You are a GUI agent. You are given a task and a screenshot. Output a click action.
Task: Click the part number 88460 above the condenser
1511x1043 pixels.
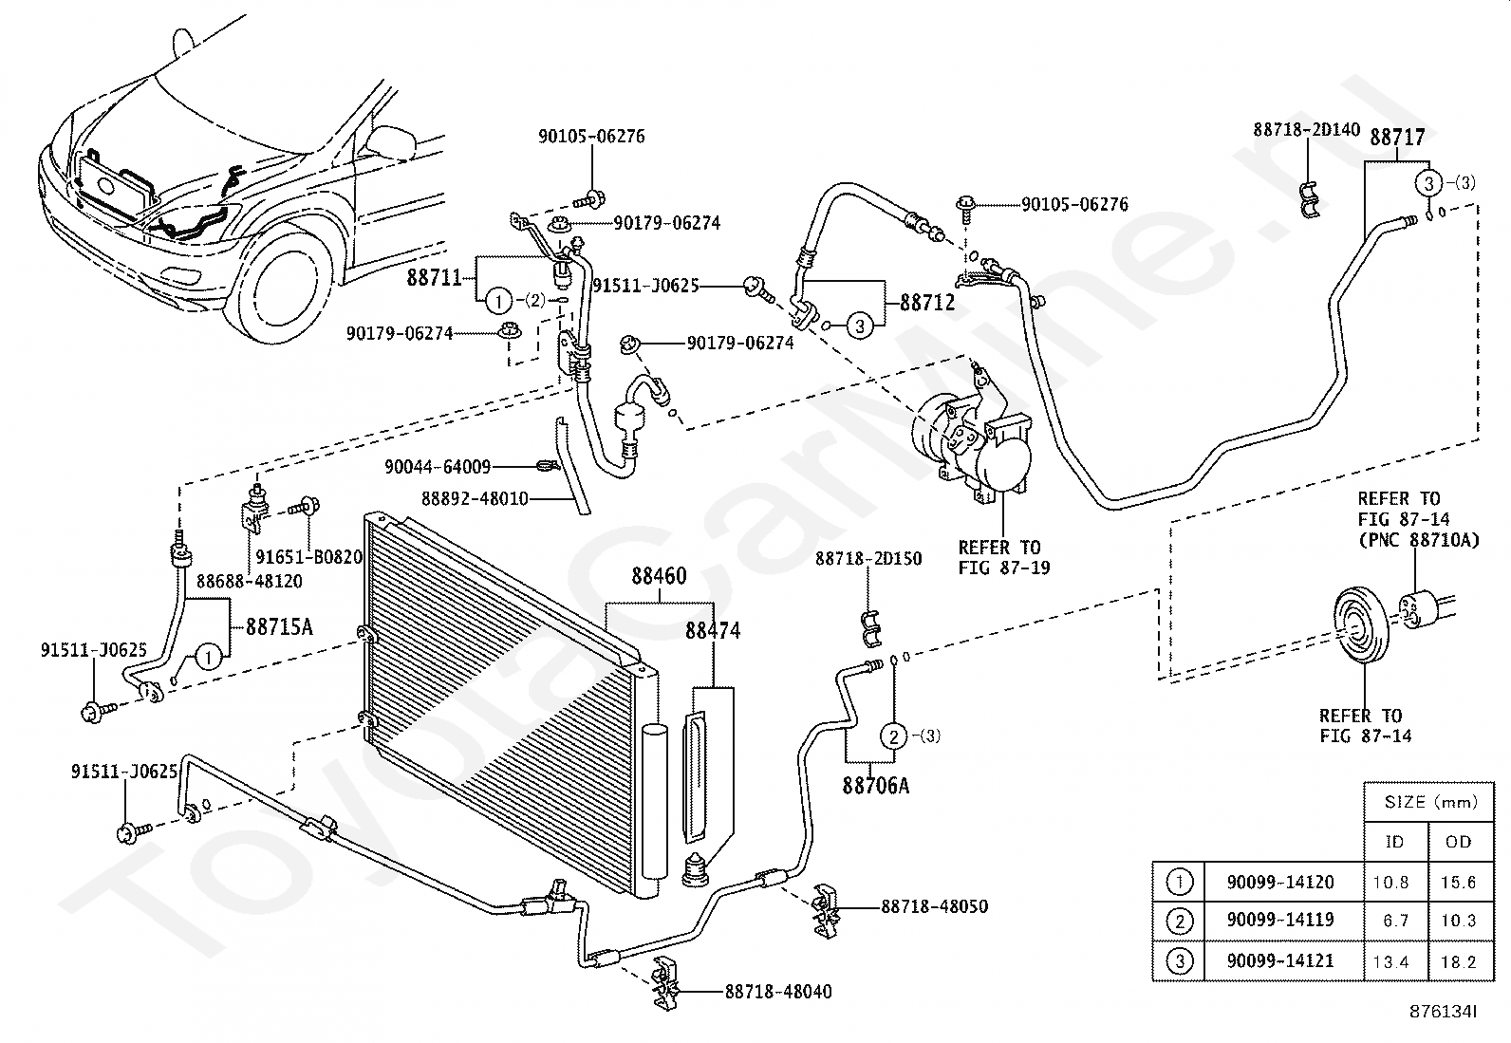point(659,576)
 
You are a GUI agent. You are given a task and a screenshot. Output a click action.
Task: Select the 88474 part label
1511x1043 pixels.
point(713,631)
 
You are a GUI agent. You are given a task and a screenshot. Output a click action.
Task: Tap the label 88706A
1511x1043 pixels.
point(876,786)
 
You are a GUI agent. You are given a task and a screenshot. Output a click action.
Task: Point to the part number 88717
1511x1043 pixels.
point(1397,138)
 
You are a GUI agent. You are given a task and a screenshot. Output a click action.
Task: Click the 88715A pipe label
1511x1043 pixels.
point(279,627)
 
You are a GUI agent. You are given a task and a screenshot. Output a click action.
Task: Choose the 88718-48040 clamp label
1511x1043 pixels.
point(778,992)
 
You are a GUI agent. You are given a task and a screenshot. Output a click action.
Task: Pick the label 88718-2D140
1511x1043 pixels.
point(1307,129)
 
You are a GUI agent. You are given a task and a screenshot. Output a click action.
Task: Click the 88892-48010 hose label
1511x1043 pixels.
point(475,499)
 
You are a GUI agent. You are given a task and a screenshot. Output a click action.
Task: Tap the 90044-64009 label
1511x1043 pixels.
point(438,467)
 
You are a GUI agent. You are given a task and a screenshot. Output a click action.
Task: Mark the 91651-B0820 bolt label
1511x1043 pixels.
point(309,557)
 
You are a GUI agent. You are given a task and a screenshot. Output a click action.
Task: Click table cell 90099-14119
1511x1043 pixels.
point(1280,921)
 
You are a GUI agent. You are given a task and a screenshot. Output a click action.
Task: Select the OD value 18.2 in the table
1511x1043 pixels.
point(1459,962)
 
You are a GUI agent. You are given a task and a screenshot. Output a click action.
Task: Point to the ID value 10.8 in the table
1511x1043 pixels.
point(1390,883)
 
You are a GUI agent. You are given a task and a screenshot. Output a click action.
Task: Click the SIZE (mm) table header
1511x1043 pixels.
point(1430,802)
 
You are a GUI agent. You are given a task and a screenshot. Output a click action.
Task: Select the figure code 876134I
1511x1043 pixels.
point(1443,1012)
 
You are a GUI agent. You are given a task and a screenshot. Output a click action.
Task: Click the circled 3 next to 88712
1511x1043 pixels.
point(859,326)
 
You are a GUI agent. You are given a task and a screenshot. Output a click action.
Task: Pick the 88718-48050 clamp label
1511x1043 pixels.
point(934,906)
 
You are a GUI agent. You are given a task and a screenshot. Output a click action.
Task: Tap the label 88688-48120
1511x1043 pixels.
point(250,582)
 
